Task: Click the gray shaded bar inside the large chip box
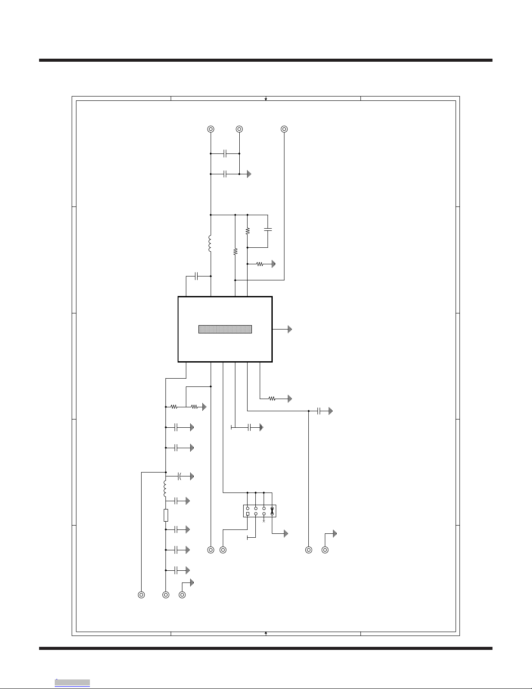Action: tap(225, 329)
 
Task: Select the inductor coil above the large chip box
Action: tap(210, 244)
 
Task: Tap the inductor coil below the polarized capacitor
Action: tap(165, 489)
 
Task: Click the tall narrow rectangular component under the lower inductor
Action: tap(166, 515)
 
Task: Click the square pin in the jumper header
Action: tap(248, 514)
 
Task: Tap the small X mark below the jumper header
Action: tap(264, 521)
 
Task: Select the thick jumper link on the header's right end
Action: tap(272, 511)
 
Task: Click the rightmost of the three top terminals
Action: tap(284, 129)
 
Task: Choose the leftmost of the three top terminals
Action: tap(211, 129)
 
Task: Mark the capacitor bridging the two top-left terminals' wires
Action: tap(225, 153)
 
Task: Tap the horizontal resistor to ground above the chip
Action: tap(260, 264)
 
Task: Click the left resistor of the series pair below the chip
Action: tap(174, 407)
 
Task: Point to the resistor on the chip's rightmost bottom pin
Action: tap(272, 398)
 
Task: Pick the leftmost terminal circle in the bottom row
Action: tap(141, 595)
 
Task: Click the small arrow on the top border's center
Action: tap(266, 99)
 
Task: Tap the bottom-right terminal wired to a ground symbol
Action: tap(325, 550)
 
